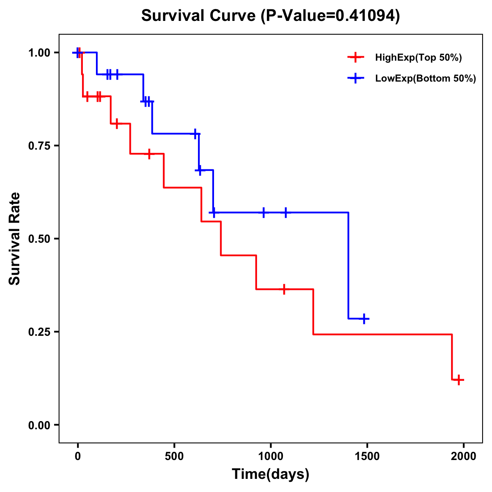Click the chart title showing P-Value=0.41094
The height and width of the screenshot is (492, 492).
click(271, 16)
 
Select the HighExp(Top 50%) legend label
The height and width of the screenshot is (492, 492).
click(418, 58)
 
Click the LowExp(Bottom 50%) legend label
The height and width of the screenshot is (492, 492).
click(426, 79)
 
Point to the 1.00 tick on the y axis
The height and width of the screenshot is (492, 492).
click(39, 53)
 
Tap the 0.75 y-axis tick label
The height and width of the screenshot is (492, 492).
click(39, 146)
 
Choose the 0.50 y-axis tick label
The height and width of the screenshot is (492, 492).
click(39, 239)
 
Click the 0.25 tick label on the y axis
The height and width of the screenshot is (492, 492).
click(39, 332)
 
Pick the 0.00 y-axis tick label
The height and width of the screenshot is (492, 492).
click(39, 425)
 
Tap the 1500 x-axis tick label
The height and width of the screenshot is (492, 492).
click(367, 456)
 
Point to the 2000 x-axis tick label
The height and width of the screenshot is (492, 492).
click(464, 456)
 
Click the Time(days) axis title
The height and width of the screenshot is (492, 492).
click(271, 474)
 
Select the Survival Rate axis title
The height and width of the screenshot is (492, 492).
click(15, 239)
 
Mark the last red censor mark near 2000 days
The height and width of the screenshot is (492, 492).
click(459, 380)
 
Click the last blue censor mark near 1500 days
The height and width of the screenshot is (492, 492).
click(364, 319)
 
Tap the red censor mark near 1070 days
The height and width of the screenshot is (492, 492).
click(284, 289)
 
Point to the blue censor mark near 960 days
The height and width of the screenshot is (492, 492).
click(264, 212)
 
